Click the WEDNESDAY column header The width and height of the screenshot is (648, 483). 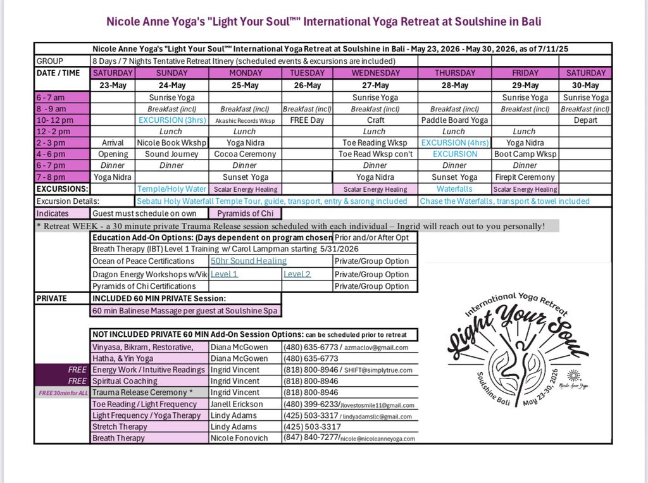click(x=375, y=73)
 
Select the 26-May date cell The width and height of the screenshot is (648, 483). click(x=307, y=85)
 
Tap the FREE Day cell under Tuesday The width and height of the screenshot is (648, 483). click(x=307, y=120)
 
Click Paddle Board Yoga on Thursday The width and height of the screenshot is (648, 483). click(x=454, y=120)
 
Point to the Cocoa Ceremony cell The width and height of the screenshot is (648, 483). click(x=245, y=154)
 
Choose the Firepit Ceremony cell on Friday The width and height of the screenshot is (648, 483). click(x=525, y=177)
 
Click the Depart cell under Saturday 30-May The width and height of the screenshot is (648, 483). click(x=585, y=120)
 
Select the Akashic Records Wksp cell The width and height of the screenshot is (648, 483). click(x=245, y=120)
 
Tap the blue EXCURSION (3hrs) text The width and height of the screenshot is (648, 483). click(x=171, y=120)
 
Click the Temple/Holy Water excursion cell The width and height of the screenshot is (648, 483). click(x=171, y=189)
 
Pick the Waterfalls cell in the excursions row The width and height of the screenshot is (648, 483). click(x=454, y=189)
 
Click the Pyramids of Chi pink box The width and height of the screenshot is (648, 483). click(x=245, y=213)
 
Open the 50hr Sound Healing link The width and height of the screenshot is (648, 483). click(x=249, y=261)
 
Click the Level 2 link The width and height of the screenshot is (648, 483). click(x=297, y=274)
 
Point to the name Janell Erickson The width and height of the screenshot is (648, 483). click(x=243, y=404)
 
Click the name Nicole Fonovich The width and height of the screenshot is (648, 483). click(x=244, y=438)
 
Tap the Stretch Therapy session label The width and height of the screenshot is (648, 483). click(x=119, y=427)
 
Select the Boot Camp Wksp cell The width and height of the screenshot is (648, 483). click(x=525, y=154)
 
